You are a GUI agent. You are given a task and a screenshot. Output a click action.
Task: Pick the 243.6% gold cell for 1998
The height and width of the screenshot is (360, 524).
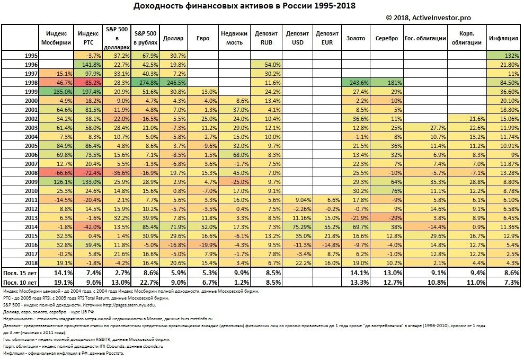click(354, 83)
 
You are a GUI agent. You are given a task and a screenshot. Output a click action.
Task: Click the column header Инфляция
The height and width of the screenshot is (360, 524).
click(502, 38)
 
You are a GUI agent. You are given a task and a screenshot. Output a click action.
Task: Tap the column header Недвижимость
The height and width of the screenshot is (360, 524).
click(234, 38)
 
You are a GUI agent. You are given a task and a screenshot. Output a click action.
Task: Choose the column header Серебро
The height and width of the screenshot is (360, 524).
click(386, 38)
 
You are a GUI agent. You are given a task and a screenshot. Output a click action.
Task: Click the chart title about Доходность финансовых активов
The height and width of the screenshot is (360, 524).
click(244, 6)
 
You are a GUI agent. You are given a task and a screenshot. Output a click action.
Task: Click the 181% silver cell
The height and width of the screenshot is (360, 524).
click(386, 83)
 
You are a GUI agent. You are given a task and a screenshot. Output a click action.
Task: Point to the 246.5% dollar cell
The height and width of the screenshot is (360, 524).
click(174, 83)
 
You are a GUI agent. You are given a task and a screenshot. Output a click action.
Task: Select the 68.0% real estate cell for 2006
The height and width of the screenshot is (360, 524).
click(234, 154)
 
